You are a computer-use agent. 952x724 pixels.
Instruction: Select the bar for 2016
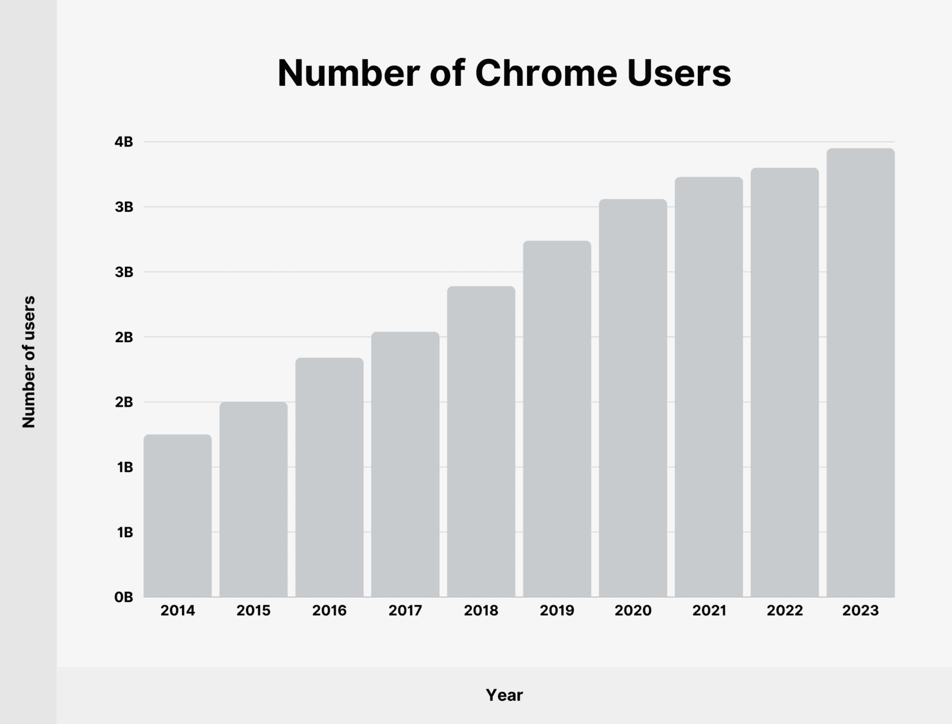[x=329, y=478]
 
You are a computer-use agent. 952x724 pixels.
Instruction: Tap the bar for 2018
[x=481, y=442]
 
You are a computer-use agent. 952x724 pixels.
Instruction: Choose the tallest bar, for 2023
[x=860, y=373]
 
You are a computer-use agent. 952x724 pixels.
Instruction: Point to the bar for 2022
[x=784, y=382]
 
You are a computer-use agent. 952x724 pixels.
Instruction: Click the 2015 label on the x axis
[x=253, y=611]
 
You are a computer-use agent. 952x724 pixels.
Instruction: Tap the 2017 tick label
[x=405, y=611]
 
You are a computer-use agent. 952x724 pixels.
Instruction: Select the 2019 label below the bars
[x=557, y=611]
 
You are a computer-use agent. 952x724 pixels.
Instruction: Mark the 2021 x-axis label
[x=709, y=611]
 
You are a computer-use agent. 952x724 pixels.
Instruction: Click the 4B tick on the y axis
[x=124, y=142]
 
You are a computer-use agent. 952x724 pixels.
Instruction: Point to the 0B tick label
[x=124, y=597]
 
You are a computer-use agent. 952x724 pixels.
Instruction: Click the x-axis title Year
[x=504, y=695]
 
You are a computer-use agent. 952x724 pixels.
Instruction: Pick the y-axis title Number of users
[x=29, y=361]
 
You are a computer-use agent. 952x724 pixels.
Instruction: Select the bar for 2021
[x=709, y=387]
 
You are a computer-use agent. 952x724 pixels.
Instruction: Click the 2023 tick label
[x=860, y=611]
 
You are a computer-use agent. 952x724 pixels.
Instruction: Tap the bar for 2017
[x=405, y=464]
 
